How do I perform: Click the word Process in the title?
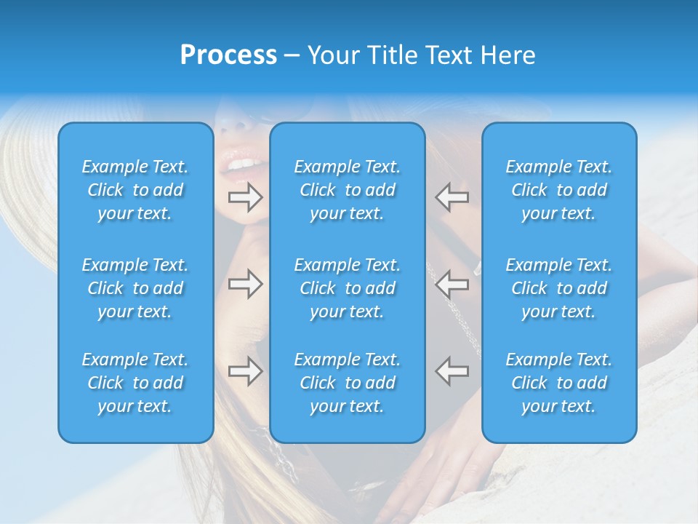point(228,55)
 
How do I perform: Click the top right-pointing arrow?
point(246,196)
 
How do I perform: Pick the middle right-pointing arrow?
point(246,284)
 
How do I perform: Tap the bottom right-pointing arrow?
point(246,370)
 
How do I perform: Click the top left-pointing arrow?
point(452,196)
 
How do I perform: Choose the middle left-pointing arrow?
point(452,284)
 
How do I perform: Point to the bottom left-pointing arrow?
point(452,370)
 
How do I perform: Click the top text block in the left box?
point(135,190)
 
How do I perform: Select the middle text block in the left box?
point(135,288)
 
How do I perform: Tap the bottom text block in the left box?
point(135,383)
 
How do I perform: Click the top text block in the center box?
point(347,190)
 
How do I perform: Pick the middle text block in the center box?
point(347,288)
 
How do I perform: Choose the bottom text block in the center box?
point(347,383)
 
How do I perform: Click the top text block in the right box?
point(558,190)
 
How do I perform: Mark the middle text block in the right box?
point(558,288)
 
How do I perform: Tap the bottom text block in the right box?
point(558,383)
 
